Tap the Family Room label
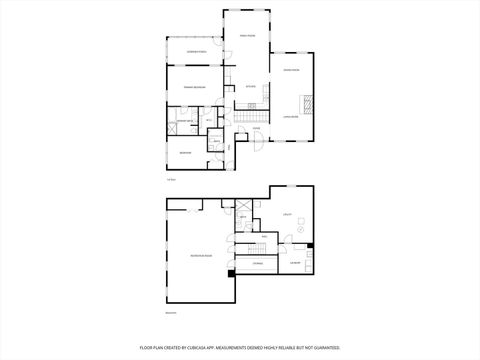[x=247, y=36]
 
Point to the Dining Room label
[x=292, y=70]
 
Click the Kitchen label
[x=252, y=86]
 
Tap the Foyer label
[x=256, y=128]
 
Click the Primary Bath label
[x=185, y=121]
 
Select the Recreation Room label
[x=201, y=256]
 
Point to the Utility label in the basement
[x=287, y=214]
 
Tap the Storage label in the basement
[x=257, y=263]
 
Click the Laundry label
[x=297, y=262]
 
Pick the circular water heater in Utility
[x=299, y=229]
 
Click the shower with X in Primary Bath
[x=172, y=129]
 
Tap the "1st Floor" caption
[x=171, y=180]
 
